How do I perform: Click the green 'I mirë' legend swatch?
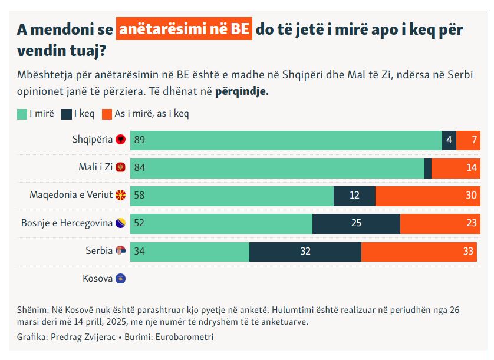point(22,114)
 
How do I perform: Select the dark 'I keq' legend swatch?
point(65,114)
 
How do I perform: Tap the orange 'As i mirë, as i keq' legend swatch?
point(107,114)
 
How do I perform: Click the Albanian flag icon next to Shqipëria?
point(121,140)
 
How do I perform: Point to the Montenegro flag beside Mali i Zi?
point(121,167)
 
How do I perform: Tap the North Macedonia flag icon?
point(121,195)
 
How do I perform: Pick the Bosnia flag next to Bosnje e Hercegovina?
point(121,223)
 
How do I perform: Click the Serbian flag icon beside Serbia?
point(121,251)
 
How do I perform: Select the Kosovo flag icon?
point(121,279)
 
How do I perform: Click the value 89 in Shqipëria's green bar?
point(140,140)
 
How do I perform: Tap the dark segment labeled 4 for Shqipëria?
point(449,140)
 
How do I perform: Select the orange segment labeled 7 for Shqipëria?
point(469,140)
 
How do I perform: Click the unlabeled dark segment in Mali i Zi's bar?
point(428,168)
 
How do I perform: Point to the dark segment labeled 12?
point(354,196)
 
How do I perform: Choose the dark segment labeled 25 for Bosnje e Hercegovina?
point(356,223)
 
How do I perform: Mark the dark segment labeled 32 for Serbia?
point(305,251)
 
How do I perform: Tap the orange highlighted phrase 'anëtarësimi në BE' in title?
point(184,29)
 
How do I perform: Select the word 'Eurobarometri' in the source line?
point(186,337)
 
